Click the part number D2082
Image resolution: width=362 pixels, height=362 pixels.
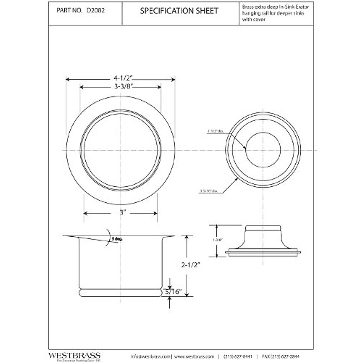pyautogui.click(x=96, y=11)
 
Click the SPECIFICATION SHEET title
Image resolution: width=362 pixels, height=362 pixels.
pyautogui.click(x=179, y=11)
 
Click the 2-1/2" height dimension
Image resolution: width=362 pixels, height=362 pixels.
pyautogui.click(x=191, y=265)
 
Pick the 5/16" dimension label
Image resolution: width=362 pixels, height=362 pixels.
pyautogui.click(x=173, y=292)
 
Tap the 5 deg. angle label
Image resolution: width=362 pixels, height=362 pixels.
pyautogui.click(x=117, y=239)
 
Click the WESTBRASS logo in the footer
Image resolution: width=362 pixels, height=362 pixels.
pyautogui.click(x=74, y=355)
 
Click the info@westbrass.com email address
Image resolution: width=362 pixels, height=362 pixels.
pyautogui.click(x=151, y=356)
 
